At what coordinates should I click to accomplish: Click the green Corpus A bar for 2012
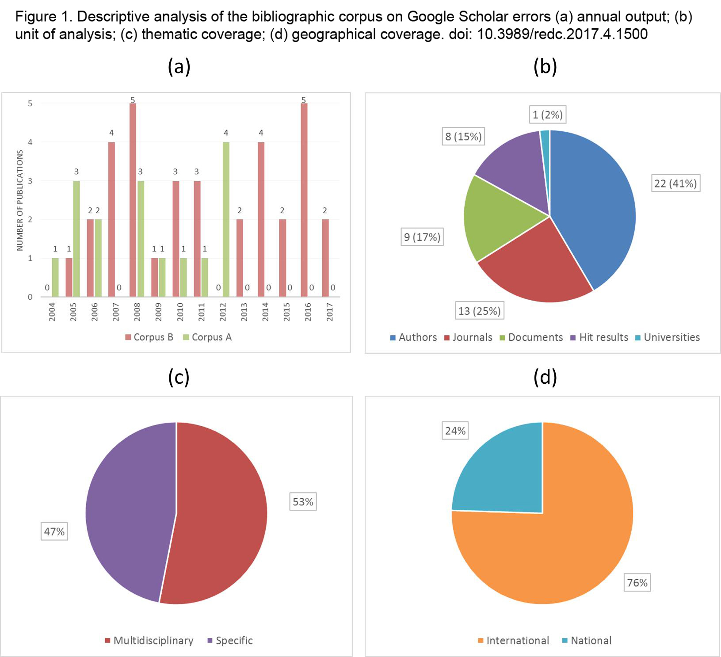coord(226,219)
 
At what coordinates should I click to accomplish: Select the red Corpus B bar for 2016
coord(304,200)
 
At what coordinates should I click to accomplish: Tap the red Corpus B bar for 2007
coord(111,219)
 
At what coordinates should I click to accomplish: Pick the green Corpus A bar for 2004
coord(55,277)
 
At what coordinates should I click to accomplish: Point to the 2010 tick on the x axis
coord(180,312)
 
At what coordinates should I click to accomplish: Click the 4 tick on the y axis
coord(30,142)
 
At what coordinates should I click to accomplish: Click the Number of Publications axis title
coord(20,200)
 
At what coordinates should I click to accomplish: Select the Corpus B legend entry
coord(149,337)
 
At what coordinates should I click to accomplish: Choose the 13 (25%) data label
coord(480,311)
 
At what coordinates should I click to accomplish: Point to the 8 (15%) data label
coord(463,136)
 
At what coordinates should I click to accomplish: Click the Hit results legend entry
coord(599,337)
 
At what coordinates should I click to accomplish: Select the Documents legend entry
coord(531,337)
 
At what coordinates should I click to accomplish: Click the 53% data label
coord(303,502)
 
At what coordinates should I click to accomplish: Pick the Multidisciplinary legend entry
coord(149,641)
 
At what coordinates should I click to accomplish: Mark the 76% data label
coord(637,583)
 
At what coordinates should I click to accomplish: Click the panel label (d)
coord(545,377)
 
